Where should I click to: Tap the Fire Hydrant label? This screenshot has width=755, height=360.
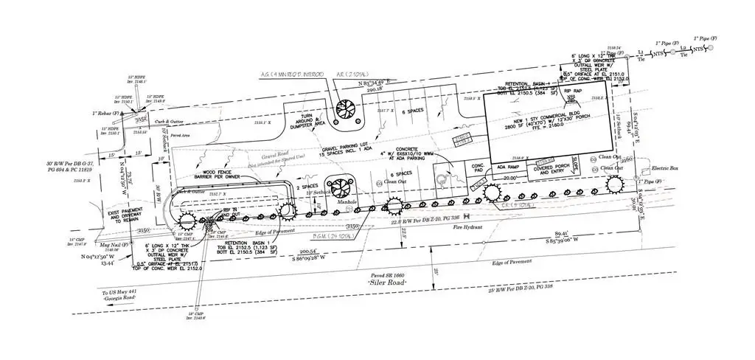[x=467, y=227]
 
